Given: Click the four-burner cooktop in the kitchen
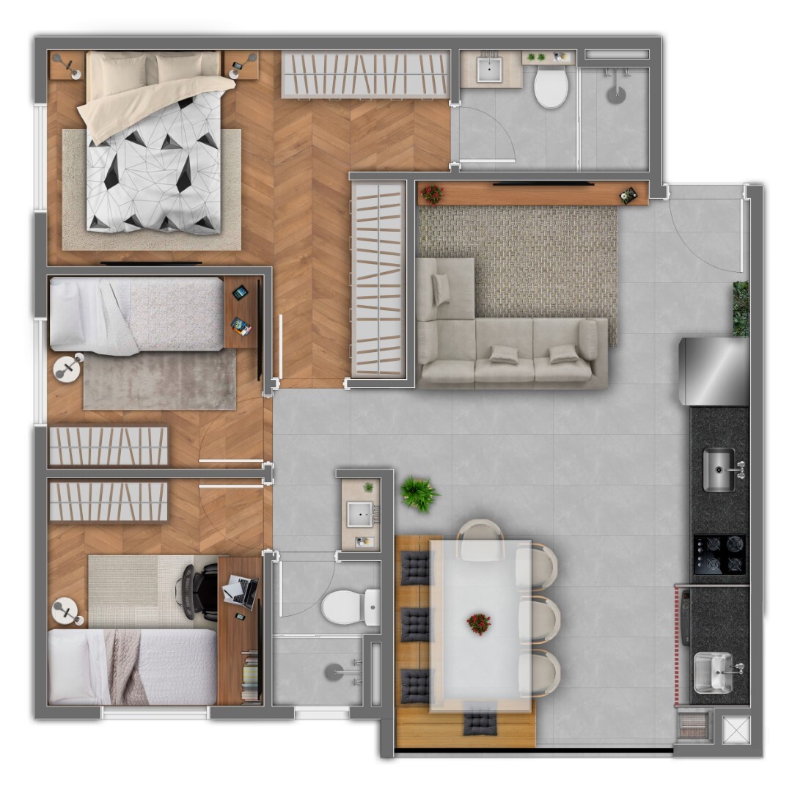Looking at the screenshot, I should pos(719,554).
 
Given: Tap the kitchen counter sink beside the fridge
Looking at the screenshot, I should pos(719,469).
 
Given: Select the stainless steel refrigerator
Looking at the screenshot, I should pos(714,370).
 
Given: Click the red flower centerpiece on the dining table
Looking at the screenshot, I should pos(478,624).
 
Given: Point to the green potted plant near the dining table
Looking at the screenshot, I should pos(419,494).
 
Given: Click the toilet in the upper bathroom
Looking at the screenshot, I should pos(551,87).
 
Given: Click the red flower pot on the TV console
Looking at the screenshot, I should pos(432,194).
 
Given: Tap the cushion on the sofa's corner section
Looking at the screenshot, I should pos(441,288).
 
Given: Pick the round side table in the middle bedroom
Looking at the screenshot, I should pos(68,367).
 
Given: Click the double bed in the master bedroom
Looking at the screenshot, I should pos(154,143).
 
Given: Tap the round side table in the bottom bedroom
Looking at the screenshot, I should pos(67,610).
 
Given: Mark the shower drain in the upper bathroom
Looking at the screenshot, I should pos(617,93).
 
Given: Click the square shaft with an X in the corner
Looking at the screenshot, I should pos(734,730).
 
